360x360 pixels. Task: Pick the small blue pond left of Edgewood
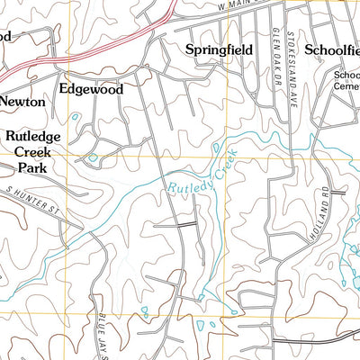pos(75,117)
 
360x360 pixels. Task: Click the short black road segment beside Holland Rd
pos(338,192)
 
